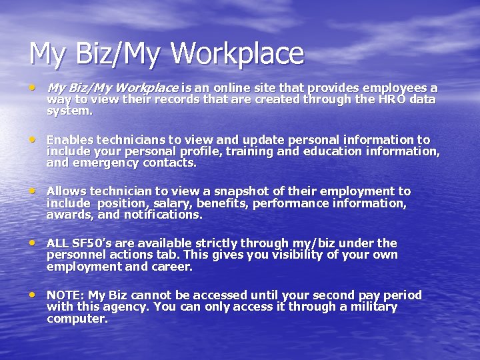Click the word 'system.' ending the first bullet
tap(70, 111)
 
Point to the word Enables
tap(70, 140)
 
